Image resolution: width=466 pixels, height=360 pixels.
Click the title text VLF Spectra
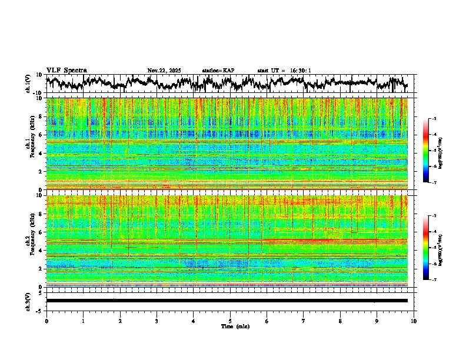tap(66, 70)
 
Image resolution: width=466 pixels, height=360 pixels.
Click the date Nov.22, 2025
tap(164, 71)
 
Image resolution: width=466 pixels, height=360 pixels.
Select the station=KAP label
tap(218, 71)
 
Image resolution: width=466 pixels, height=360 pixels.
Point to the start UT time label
tap(284, 71)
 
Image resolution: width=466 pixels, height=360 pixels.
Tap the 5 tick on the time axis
tap(230, 321)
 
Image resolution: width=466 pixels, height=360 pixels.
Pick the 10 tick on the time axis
tap(414, 321)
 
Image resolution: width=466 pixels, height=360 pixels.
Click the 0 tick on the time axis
tap(46, 321)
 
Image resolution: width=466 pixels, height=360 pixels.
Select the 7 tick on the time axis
tap(304, 321)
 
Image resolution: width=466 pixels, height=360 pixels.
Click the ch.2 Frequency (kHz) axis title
tap(29, 241)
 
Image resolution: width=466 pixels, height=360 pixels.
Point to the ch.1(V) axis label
tap(29, 84)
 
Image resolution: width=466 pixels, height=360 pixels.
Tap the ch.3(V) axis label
tap(29, 301)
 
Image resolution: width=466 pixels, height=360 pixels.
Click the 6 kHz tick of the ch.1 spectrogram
tap(42, 135)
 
